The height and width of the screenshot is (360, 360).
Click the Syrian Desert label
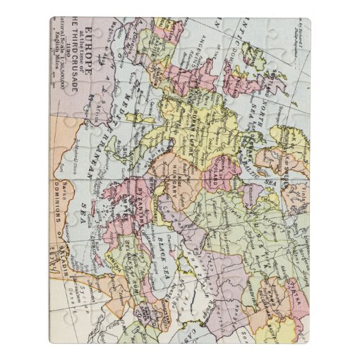(x=71, y=311)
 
